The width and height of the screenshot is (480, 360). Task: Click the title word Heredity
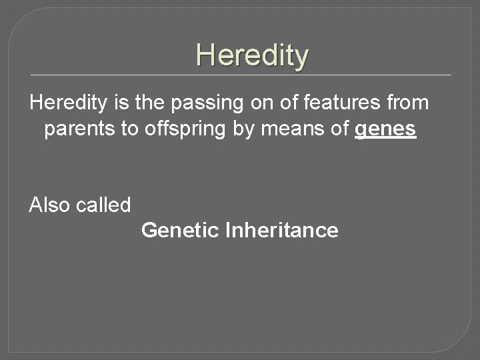click(252, 55)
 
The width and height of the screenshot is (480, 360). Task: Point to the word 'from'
click(411, 103)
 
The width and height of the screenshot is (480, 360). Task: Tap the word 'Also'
click(49, 205)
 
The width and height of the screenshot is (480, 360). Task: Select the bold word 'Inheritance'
click(282, 231)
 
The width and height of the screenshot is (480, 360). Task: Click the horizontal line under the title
click(240, 74)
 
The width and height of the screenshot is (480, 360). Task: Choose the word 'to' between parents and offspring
click(129, 129)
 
